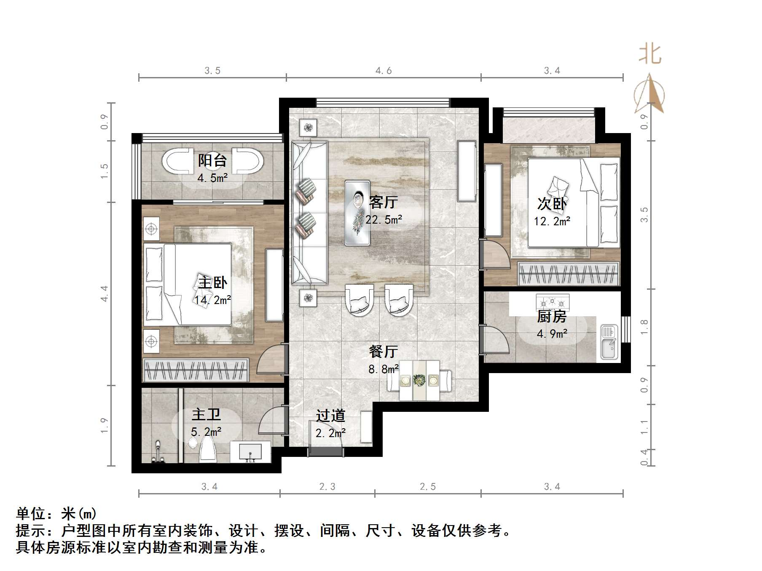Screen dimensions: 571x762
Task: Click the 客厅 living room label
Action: coord(383,203)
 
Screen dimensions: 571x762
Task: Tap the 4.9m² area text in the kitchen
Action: coord(552,334)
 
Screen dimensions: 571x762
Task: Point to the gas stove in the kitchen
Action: coord(552,302)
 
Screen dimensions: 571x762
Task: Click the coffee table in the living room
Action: coord(357,213)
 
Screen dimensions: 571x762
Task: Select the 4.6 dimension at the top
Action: coord(384,71)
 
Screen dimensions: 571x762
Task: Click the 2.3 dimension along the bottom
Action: coord(327,487)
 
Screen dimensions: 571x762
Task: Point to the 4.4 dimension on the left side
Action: coord(104,294)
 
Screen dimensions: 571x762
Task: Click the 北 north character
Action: coord(649,55)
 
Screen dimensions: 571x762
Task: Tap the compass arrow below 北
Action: coord(649,95)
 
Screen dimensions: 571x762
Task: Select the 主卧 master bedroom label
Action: coord(212,283)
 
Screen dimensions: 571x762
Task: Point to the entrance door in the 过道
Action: coord(325,451)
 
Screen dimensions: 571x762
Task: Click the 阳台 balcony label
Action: coord(212,160)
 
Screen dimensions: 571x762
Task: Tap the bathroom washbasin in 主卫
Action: coord(250,452)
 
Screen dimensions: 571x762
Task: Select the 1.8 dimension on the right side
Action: coord(644,327)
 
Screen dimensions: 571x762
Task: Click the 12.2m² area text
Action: coord(552,221)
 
